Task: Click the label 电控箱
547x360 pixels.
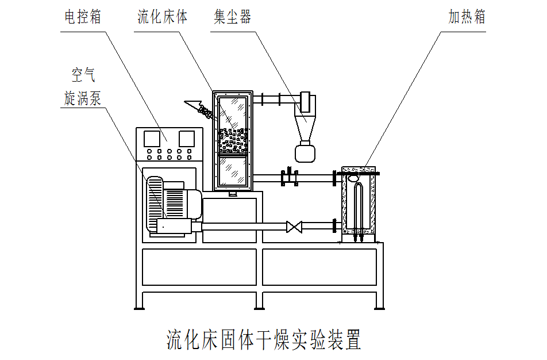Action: (82, 17)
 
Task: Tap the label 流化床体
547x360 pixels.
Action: (162, 17)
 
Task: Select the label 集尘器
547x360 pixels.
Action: (232, 17)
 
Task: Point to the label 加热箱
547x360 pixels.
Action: (467, 17)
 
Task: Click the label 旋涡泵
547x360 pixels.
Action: (82, 98)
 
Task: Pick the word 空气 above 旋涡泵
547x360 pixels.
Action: (82, 74)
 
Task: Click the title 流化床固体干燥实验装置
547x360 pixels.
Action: (264, 340)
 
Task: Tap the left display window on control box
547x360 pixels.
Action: (152, 138)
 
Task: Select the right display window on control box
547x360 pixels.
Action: (187, 138)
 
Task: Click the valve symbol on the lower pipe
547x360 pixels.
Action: (294, 227)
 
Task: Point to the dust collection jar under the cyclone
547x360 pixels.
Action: (306, 152)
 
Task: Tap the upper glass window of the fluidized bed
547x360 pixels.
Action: (233, 124)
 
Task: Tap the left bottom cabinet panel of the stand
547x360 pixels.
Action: (199, 267)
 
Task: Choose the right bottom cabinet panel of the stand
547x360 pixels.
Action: (320, 267)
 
